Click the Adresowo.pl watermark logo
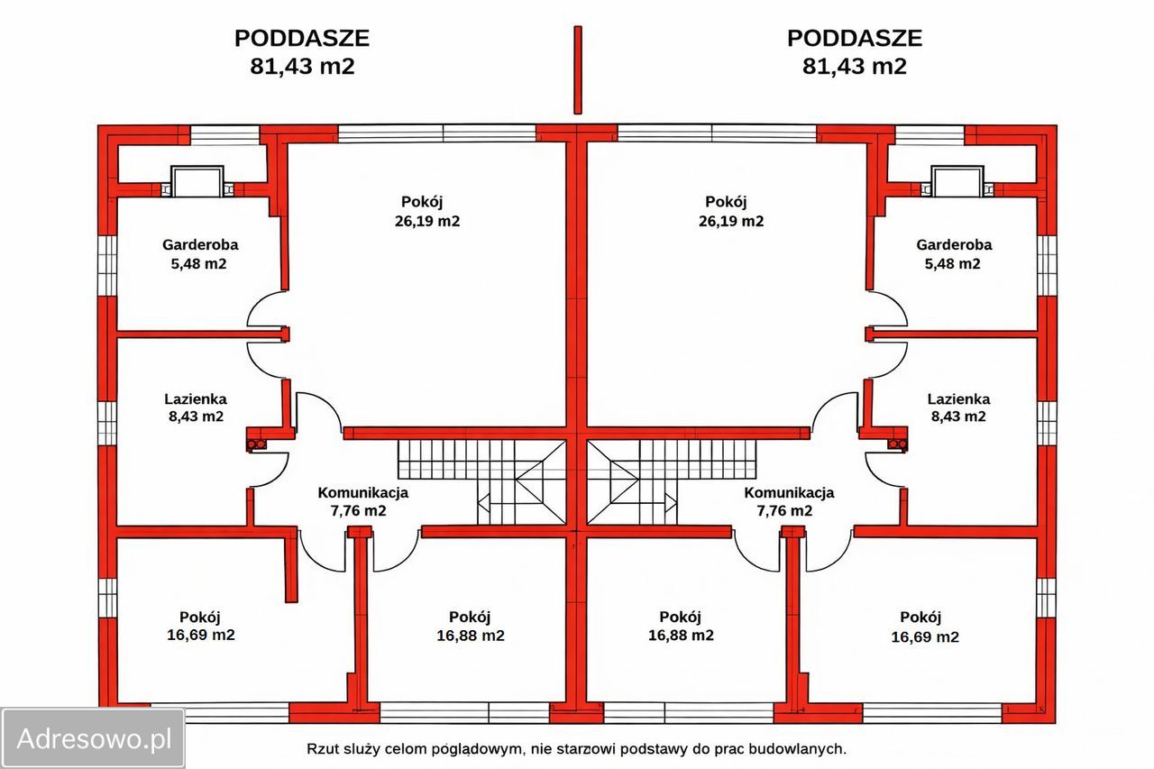coord(93,738)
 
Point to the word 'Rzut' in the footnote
coord(323,748)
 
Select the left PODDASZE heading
coord(302,39)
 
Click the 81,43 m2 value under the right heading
coord(854,66)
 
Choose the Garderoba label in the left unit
coord(200,244)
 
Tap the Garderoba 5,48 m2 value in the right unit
coord(954,264)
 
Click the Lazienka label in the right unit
coord(958,398)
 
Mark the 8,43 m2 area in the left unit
coord(194,417)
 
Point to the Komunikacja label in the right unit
coord(789,492)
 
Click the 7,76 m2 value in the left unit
coord(362,510)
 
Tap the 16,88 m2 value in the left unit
coord(470,636)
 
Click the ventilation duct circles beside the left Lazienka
coord(257,444)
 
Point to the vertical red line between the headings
coord(578,69)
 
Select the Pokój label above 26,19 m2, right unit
coord(726,202)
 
